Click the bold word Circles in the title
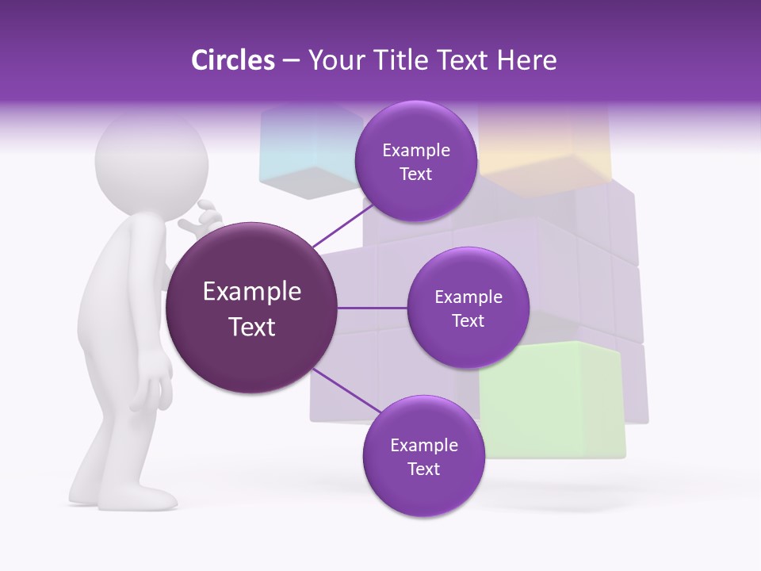pyautogui.click(x=232, y=60)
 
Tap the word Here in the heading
pyautogui.click(x=526, y=60)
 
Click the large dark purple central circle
pyautogui.click(x=251, y=308)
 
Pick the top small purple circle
pyautogui.click(x=415, y=161)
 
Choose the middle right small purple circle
pyautogui.click(x=468, y=308)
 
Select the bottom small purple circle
pyautogui.click(x=423, y=456)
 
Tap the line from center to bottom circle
pyautogui.click(x=346, y=389)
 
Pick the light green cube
pyautogui.click(x=555, y=397)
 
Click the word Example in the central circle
pyautogui.click(x=251, y=292)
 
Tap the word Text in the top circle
pyautogui.click(x=415, y=174)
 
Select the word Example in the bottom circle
pyautogui.click(x=423, y=445)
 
